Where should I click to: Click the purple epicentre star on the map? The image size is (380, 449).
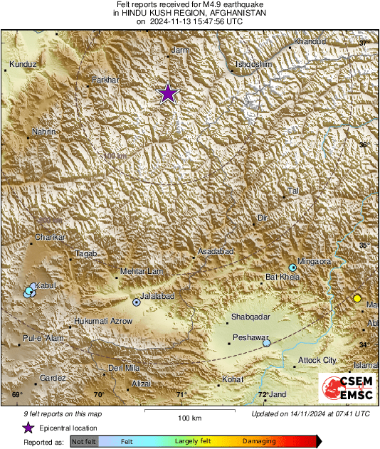click(x=168, y=93)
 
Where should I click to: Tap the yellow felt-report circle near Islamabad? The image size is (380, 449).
click(x=357, y=298)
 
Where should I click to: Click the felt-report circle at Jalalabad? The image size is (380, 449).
click(x=137, y=302)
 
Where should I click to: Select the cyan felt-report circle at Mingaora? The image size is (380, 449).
click(x=292, y=268)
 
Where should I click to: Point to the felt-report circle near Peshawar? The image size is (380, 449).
click(x=266, y=343)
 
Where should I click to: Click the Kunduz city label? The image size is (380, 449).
click(x=23, y=65)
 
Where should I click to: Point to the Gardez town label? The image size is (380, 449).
click(x=53, y=378)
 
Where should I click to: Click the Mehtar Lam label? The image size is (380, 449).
click(x=142, y=271)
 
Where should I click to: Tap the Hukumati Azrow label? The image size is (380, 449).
click(x=103, y=322)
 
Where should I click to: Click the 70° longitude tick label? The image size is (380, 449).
click(x=98, y=395)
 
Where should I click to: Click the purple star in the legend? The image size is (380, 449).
click(x=28, y=428)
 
